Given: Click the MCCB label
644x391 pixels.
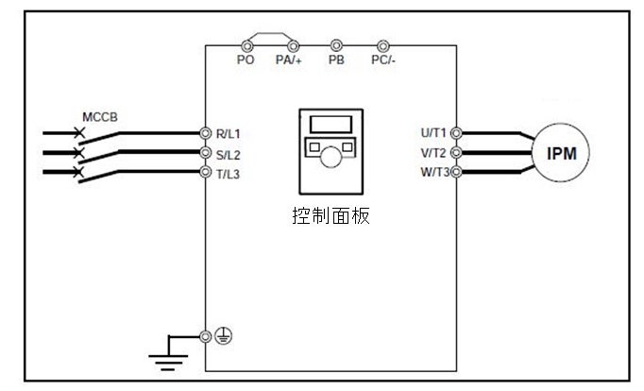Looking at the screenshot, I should point(100,117).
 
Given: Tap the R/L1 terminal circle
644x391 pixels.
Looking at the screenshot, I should point(206,133).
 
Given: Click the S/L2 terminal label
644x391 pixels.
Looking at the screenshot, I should point(228,153).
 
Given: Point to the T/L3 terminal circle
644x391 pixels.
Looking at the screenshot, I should point(206,172).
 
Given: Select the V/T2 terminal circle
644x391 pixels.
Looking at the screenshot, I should point(456,152).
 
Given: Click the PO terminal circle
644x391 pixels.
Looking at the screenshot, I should point(247,45).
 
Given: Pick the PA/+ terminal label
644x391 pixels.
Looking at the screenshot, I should point(288,59).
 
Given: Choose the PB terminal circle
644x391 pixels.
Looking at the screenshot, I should point(336,45).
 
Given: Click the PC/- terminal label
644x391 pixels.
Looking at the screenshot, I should point(382,59).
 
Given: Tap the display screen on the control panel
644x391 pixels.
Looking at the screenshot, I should point(330,123).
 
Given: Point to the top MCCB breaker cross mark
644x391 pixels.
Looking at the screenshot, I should point(79,134).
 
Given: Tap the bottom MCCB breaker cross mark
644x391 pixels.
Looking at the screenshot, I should point(79,172).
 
